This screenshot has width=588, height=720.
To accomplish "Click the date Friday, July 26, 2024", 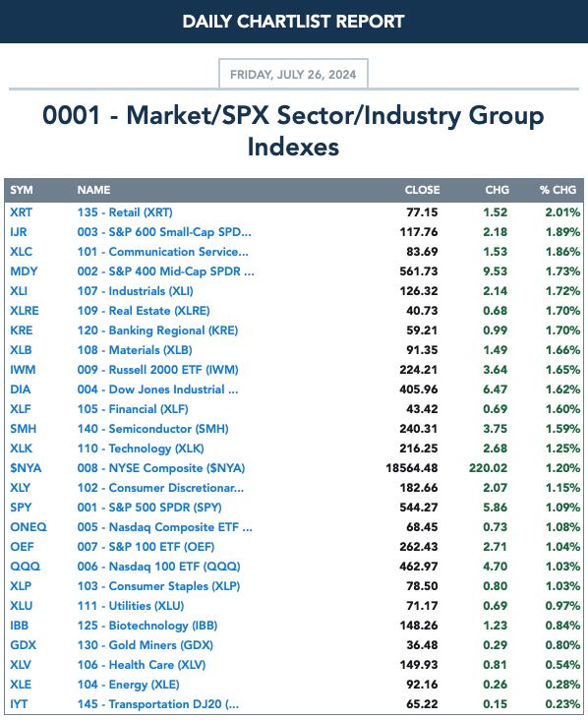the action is pos(293,75).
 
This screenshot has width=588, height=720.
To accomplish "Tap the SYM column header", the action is pos(21,190).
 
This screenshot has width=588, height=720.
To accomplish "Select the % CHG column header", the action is pos(558,190).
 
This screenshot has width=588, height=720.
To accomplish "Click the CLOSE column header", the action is pos(422,190).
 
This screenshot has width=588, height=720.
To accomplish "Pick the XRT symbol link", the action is pos(21,212).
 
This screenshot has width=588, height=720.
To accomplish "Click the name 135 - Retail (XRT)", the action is pos(125,212).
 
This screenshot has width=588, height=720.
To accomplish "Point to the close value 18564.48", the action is pos(412,468).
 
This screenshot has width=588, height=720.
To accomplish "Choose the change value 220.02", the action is pos(488,468).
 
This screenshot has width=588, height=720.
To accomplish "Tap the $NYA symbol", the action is pos(26,468).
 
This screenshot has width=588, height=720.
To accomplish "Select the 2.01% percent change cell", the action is pos(562,212).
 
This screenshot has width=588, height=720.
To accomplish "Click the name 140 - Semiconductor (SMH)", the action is pos(152,429).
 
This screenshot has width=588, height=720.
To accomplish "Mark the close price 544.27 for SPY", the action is pos(419,508).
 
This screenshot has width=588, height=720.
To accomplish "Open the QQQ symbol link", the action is pos(26,567).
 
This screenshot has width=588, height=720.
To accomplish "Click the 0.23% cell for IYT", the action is pos(562,704).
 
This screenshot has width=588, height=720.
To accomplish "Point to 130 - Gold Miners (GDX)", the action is pos(146,645).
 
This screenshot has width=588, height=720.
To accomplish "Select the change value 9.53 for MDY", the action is pos(495,271).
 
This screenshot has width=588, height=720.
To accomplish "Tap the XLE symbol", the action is pos(21,685).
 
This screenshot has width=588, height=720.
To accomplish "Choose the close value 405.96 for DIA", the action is pos(419,390).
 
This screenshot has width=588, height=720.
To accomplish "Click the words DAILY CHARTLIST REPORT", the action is pos(293,21).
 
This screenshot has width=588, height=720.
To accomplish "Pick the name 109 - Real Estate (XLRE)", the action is pos(144,311).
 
